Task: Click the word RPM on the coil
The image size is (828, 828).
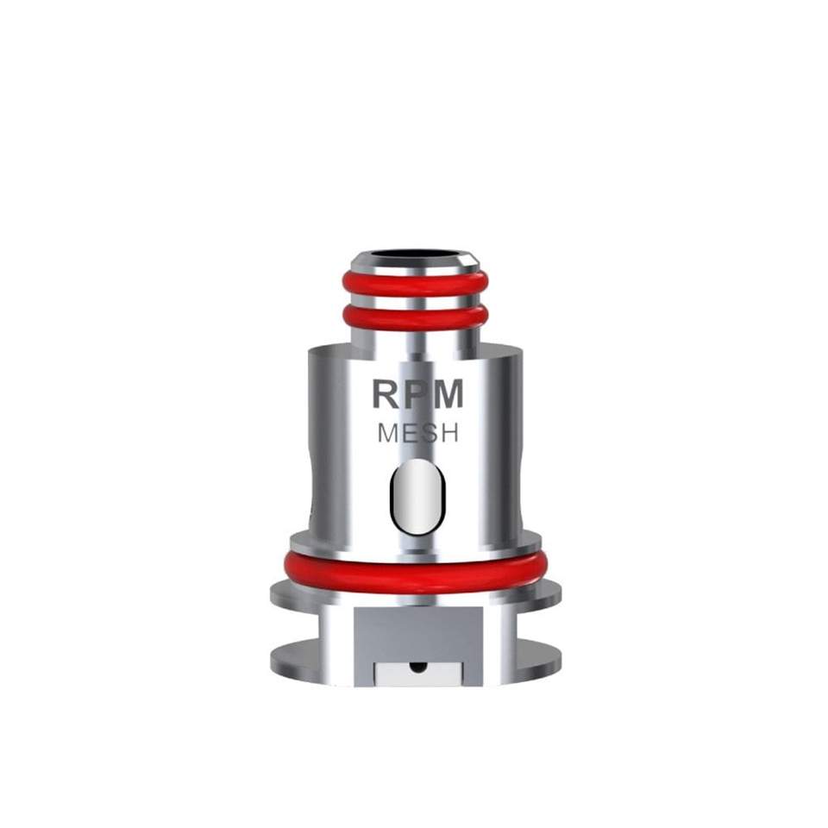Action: [x=417, y=394]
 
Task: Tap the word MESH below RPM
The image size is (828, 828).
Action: [x=417, y=434]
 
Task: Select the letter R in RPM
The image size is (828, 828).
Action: [x=386, y=394]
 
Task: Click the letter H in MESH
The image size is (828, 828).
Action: [x=448, y=434]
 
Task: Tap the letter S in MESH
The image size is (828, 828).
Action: [x=428, y=434]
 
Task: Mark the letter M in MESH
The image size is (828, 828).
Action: [x=388, y=434]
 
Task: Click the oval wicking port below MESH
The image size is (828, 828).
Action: [x=416, y=495]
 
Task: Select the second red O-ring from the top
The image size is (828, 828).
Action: [x=415, y=318]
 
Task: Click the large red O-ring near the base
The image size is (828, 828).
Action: [x=415, y=573]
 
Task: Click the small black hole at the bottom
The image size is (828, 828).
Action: [x=416, y=667]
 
